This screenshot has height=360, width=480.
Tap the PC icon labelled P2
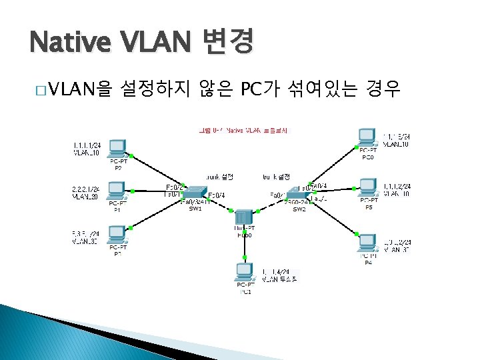point(118,149)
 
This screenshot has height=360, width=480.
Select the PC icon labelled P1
point(118,190)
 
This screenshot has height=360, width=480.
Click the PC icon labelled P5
point(368,187)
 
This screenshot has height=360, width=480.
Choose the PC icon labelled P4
point(367,243)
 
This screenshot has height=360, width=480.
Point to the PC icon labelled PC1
point(245,273)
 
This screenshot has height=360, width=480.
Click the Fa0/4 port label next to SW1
point(216,195)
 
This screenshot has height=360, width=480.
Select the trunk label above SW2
point(276,177)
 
